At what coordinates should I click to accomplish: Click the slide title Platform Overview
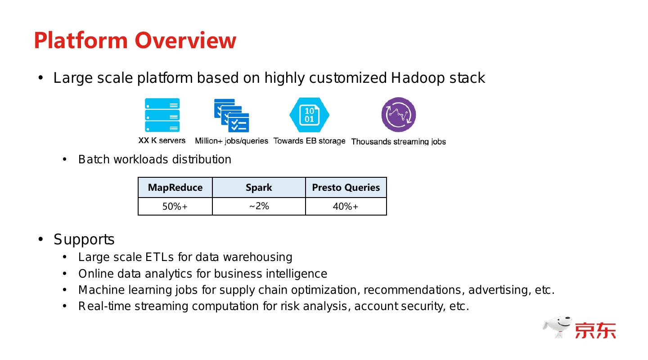(x=135, y=40)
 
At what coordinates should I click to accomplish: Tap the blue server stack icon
(x=162, y=115)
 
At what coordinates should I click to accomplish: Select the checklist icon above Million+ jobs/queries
(x=232, y=116)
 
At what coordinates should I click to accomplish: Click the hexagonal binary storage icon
(x=309, y=115)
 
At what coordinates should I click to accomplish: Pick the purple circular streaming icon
(x=398, y=115)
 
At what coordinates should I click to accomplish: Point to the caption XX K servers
(x=162, y=140)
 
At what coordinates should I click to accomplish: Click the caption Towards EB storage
(x=309, y=141)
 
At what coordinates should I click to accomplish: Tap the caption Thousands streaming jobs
(x=398, y=142)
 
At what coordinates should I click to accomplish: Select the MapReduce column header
(x=175, y=187)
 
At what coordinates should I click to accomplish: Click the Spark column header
(x=259, y=187)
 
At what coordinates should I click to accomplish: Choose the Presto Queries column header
(x=346, y=187)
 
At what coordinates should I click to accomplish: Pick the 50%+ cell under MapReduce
(x=175, y=207)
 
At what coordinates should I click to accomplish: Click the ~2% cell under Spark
(x=259, y=206)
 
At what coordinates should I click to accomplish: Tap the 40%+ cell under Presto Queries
(x=346, y=207)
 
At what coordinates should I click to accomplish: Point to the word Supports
(x=84, y=239)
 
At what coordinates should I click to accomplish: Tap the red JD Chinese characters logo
(x=595, y=330)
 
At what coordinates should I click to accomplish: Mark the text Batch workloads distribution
(x=155, y=160)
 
